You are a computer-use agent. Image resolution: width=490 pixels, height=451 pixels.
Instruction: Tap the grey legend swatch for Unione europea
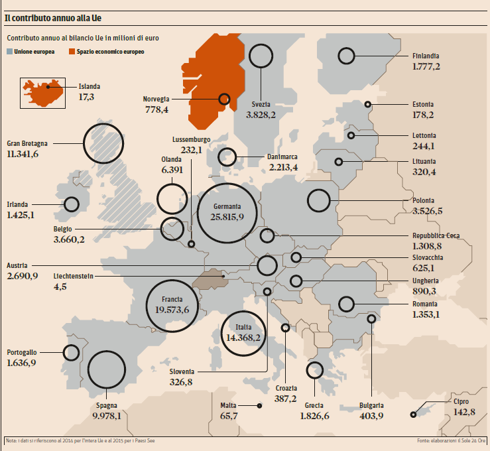point(9,51)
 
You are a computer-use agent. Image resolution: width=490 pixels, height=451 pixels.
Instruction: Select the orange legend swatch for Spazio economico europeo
point(71,51)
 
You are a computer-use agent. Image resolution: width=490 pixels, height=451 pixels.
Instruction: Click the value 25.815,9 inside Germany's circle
point(227,217)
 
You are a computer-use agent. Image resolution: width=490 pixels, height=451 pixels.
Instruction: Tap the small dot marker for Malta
point(259,405)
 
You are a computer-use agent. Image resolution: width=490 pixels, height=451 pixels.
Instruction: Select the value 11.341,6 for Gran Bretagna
point(32,154)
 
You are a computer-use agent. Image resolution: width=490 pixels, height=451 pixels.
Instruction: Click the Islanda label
point(90,86)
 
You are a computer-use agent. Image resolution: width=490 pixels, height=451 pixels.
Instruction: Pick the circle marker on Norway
point(224,99)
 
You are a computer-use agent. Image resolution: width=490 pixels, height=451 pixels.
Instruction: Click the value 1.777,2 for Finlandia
point(426,67)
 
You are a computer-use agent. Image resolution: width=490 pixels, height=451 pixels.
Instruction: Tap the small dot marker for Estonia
point(368,104)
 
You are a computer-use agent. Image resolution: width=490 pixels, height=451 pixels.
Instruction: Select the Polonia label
point(423,200)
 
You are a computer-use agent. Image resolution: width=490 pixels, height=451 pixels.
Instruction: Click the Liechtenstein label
point(74,276)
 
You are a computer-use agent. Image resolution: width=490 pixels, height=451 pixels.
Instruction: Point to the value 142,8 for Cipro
point(463,412)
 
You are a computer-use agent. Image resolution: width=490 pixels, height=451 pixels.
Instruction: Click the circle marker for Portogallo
point(70,353)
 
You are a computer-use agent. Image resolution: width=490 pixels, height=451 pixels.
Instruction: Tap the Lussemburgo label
point(191,140)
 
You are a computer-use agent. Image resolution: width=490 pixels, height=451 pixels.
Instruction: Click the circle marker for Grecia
point(314,370)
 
